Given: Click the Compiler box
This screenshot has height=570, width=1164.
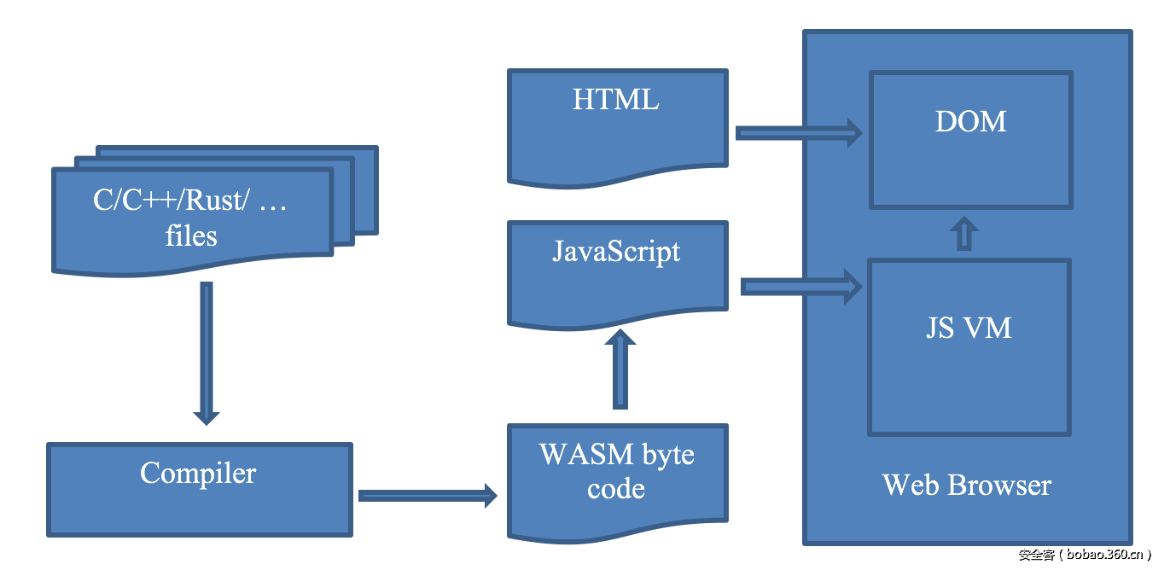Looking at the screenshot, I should click(199, 489).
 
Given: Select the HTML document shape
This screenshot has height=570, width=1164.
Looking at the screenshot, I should click(617, 124).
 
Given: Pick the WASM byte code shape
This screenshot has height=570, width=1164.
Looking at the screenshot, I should click(617, 478).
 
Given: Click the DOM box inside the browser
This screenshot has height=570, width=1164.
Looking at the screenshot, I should click(970, 139).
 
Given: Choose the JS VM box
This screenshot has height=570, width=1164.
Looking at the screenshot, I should click(969, 346).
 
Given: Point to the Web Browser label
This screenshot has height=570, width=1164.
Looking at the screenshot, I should click(967, 486).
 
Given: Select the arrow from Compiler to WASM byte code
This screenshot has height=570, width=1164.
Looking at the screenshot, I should click(427, 495).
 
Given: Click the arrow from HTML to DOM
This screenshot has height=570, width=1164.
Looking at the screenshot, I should click(798, 132).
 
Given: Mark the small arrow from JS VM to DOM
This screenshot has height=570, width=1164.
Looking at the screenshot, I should click(964, 233).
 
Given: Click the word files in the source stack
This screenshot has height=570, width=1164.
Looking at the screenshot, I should click(191, 236).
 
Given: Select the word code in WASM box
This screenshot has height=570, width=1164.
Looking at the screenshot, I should click(615, 489).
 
